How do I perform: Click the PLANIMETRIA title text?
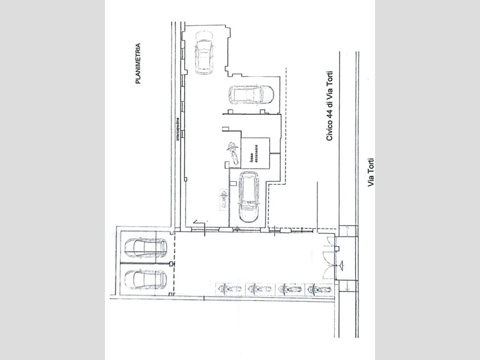coord(138,64)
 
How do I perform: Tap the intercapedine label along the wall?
coord(177,129)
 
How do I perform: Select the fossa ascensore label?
coord(254,154)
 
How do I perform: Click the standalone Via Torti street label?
coord(371,172)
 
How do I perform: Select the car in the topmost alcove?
coord(204,53)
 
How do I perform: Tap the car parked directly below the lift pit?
coord(248,197)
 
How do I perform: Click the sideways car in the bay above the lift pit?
coord(251,95)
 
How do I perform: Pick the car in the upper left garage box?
coord(146,248)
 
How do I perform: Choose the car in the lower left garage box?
coord(146,279)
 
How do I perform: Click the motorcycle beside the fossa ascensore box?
coord(233,154)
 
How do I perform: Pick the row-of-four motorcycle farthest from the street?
coord(230,289)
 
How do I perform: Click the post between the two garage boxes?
coord(171,263)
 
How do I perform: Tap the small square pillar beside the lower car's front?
coord(233,184)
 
